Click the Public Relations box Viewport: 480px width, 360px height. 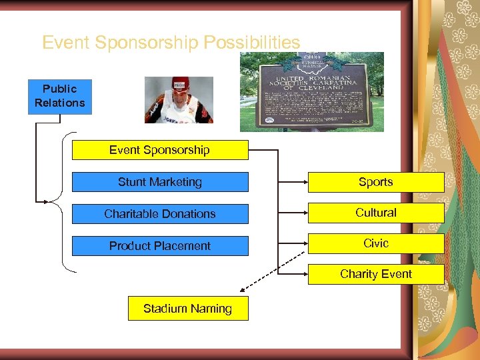(x=60, y=96)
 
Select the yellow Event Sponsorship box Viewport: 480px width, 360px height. (x=159, y=150)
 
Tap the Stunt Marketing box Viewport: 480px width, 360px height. (x=159, y=182)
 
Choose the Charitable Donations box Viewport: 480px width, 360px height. (x=159, y=214)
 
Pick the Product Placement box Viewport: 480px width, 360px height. (x=159, y=246)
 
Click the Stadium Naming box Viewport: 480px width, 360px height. (x=187, y=309)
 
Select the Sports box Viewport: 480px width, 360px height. (x=375, y=182)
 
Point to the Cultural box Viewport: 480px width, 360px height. (x=375, y=213)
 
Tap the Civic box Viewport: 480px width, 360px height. (x=375, y=243)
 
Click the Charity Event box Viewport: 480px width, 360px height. (x=375, y=274)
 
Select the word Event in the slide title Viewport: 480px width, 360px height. (x=66, y=43)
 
